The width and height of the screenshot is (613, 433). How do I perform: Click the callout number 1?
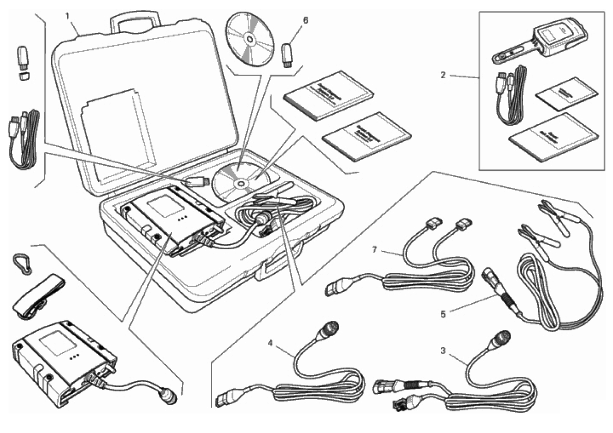pos(67,16)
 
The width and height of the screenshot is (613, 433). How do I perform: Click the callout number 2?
pos(442,75)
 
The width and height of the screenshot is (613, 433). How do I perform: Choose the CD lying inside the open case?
pos(240,181)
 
